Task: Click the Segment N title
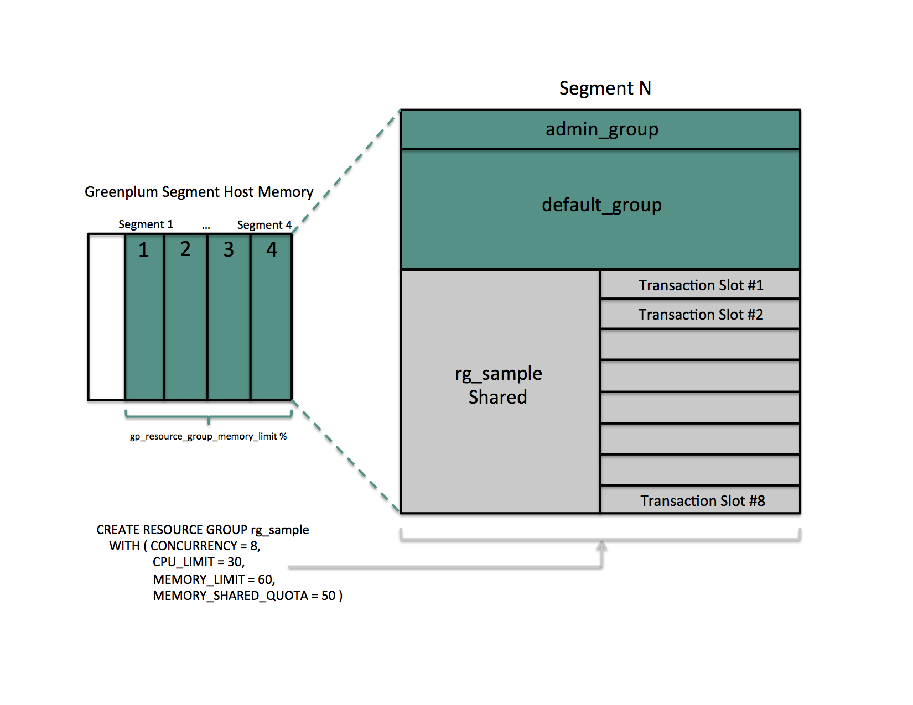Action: [605, 88]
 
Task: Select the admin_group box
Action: [601, 129]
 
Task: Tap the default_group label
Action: [601, 205]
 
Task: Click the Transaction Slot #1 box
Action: [700, 285]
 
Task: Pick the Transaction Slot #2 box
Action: [700, 315]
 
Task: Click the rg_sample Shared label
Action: [498, 385]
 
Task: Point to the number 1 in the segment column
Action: [144, 250]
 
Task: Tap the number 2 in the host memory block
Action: [185, 249]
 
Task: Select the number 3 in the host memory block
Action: [229, 250]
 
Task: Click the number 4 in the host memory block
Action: [272, 249]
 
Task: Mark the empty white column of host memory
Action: [106, 317]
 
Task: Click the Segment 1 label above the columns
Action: [146, 224]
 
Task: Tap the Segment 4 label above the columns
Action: [264, 225]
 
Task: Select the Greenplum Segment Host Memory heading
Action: [199, 192]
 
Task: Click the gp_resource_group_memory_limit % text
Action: [208, 437]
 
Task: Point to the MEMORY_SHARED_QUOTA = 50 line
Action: [247, 596]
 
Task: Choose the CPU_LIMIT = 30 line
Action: [198, 562]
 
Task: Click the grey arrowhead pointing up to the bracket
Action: [601, 546]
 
